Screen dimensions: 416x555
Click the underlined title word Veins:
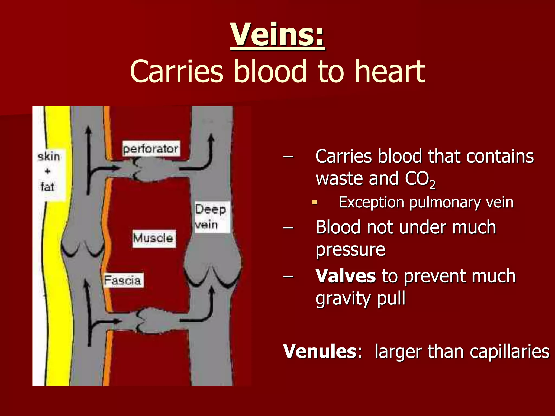click(x=277, y=35)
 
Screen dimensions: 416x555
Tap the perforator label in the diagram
click(x=151, y=149)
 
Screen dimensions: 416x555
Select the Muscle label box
click(x=154, y=239)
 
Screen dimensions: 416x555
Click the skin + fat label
click(x=48, y=172)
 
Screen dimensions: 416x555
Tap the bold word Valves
click(x=346, y=276)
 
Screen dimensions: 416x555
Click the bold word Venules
click(x=320, y=352)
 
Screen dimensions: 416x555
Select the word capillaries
click(x=509, y=352)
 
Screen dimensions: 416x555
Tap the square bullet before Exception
click(x=314, y=202)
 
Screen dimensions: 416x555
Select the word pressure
click(x=350, y=250)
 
